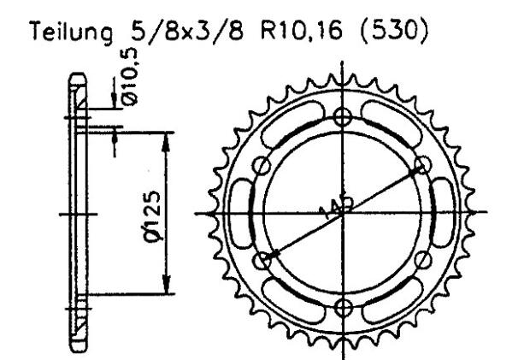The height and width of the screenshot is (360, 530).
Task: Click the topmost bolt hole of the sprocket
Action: tap(342, 118)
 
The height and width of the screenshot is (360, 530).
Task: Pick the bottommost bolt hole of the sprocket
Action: tap(342, 308)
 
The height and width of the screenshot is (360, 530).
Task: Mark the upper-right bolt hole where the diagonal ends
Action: tap(421, 166)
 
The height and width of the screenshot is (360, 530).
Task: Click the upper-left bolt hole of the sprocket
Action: tap(262, 166)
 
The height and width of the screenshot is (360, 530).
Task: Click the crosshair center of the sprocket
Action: tap(342, 213)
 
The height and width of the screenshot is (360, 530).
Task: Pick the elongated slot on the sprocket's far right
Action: tap(445, 213)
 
